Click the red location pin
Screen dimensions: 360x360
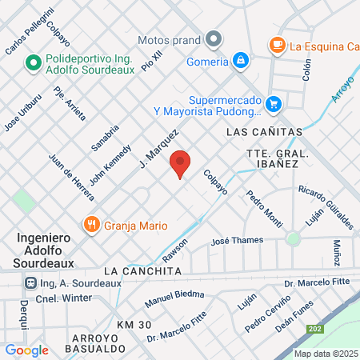point(180,164)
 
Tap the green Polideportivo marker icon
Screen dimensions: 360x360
point(34,62)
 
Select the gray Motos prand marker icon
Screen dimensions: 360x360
point(213,39)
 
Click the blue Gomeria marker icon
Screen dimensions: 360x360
point(240,61)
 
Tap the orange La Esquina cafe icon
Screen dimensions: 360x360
point(277,45)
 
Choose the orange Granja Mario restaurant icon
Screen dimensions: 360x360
point(92,226)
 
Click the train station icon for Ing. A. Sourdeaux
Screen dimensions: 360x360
point(30,282)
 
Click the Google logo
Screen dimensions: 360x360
point(26,350)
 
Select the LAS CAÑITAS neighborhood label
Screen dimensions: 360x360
point(264,130)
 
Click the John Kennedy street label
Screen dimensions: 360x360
point(110,165)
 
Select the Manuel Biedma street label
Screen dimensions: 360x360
point(175,298)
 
